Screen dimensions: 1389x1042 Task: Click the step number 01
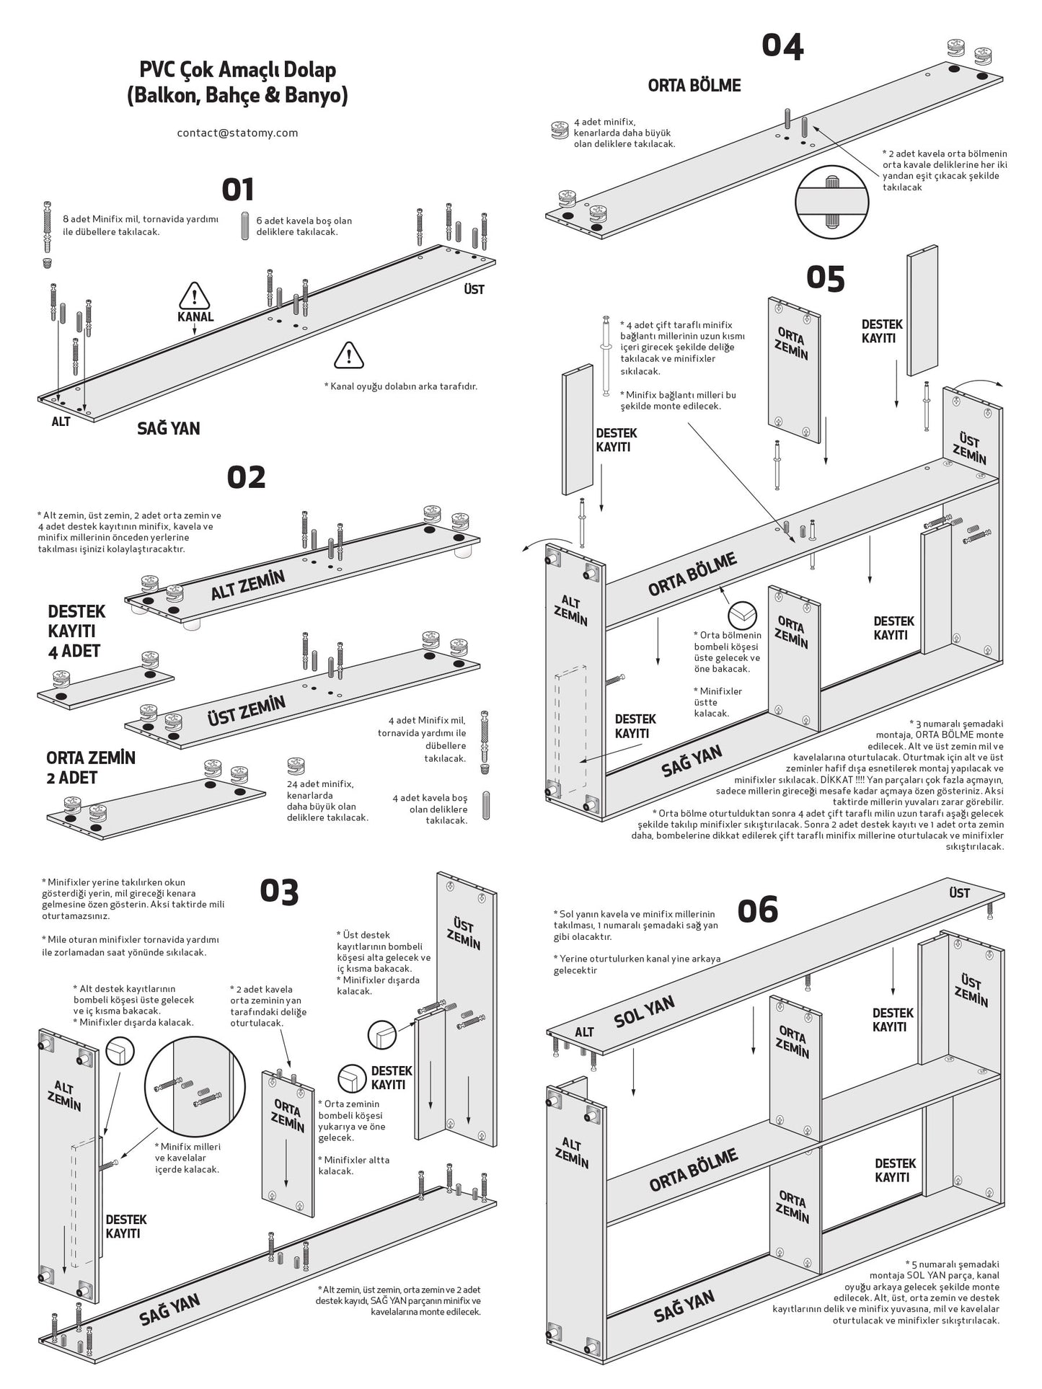tap(237, 190)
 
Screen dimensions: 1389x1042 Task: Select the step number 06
tap(757, 910)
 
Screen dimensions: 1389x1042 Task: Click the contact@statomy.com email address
tap(237, 133)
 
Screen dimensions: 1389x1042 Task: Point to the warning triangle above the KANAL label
tap(194, 295)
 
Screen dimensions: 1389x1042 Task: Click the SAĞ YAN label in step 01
tap(169, 428)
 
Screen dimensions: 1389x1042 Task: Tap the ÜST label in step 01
tap(474, 289)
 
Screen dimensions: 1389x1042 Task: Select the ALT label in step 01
tap(61, 422)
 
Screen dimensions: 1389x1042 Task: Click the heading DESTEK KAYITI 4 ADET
tap(76, 631)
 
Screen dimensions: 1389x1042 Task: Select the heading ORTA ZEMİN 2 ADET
tap(91, 768)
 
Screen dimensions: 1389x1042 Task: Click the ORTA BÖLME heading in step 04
tap(694, 85)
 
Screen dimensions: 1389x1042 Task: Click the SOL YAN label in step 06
tap(644, 1011)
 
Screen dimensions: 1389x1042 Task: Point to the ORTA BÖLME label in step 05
tap(692, 574)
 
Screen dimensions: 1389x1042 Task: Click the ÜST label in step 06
tap(959, 893)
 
